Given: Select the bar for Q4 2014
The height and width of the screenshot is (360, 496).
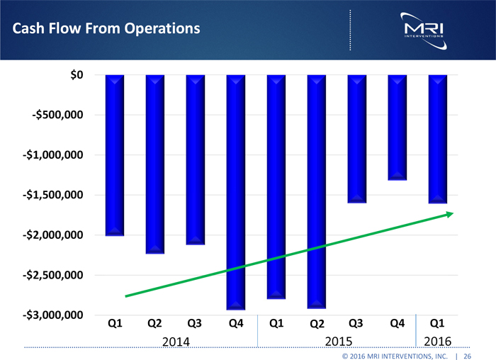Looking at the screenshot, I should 236,191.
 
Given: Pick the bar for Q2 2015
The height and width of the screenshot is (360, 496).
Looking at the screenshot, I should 317,191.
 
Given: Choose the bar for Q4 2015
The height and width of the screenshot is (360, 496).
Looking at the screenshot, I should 398,127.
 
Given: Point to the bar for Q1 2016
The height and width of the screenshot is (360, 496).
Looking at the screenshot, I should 438,138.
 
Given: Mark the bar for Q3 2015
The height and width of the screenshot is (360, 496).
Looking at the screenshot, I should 357,138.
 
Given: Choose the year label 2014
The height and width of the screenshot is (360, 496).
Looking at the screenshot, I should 175,342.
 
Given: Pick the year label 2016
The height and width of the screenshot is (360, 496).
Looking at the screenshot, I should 438,342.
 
